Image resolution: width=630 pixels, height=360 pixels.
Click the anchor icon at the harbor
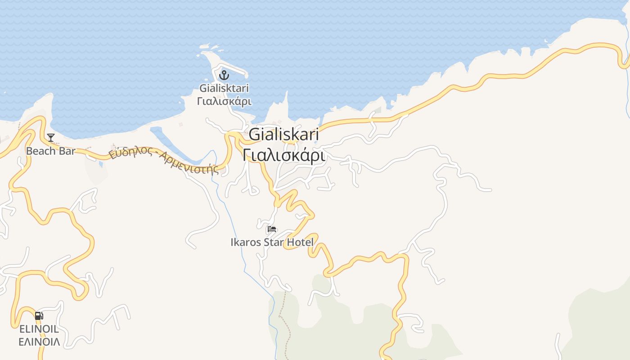[x=224, y=75]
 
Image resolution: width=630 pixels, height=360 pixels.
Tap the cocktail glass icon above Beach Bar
[x=51, y=137]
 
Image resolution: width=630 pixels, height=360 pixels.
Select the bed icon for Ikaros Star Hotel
[x=271, y=229]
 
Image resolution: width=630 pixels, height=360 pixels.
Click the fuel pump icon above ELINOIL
[x=39, y=316]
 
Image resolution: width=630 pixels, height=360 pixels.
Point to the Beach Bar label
[x=50, y=151]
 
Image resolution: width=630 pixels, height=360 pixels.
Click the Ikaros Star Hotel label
[x=272, y=242]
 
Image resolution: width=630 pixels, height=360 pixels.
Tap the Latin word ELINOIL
[x=39, y=329]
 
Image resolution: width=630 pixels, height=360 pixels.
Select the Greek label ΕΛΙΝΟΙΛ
[x=39, y=342]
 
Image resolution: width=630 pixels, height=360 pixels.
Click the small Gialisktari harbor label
[x=224, y=88]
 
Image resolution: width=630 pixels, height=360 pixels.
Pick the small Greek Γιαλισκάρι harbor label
[x=224, y=101]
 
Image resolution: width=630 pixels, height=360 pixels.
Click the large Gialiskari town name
[x=283, y=135]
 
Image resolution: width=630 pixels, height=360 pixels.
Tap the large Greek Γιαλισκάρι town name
[x=283, y=155]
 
